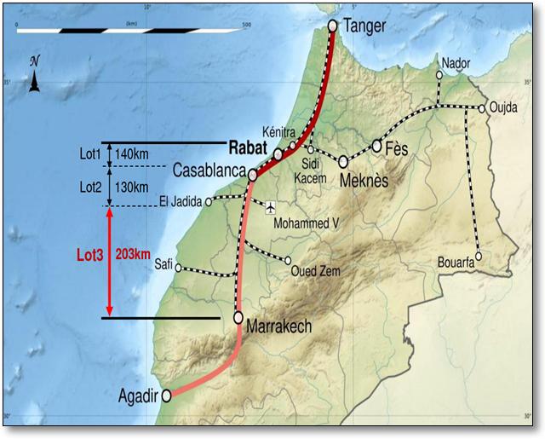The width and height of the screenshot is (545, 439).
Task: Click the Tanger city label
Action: click(x=364, y=26)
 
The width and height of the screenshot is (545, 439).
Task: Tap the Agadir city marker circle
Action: click(x=167, y=395)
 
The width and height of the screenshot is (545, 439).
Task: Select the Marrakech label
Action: click(x=278, y=326)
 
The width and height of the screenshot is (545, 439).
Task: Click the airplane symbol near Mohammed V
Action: click(x=271, y=207)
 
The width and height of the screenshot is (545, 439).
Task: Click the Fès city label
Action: click(x=397, y=149)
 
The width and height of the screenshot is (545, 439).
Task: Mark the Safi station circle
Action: click(x=179, y=266)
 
